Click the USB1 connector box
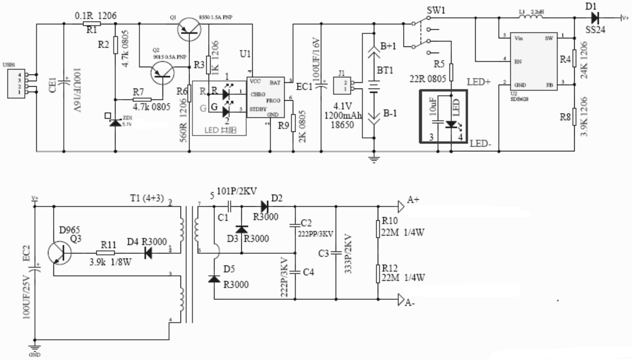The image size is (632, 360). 16,83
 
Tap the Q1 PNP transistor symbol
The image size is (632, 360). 189,29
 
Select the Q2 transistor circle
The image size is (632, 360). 162,73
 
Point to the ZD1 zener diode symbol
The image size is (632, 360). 115,123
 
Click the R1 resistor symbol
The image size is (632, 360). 92,24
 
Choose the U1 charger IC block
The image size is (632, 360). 265,97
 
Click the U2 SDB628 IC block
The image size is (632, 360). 533,61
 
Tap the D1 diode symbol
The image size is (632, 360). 595,18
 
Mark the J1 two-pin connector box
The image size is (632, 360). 342,85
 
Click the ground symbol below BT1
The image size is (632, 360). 374,159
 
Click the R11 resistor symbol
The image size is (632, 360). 105,253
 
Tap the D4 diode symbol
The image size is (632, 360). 148,253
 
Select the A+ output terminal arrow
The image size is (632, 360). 401,206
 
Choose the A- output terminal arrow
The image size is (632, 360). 401,299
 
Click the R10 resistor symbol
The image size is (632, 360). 378,229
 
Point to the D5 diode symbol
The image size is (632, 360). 214,279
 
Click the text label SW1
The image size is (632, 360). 436,10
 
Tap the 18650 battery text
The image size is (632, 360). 342,125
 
